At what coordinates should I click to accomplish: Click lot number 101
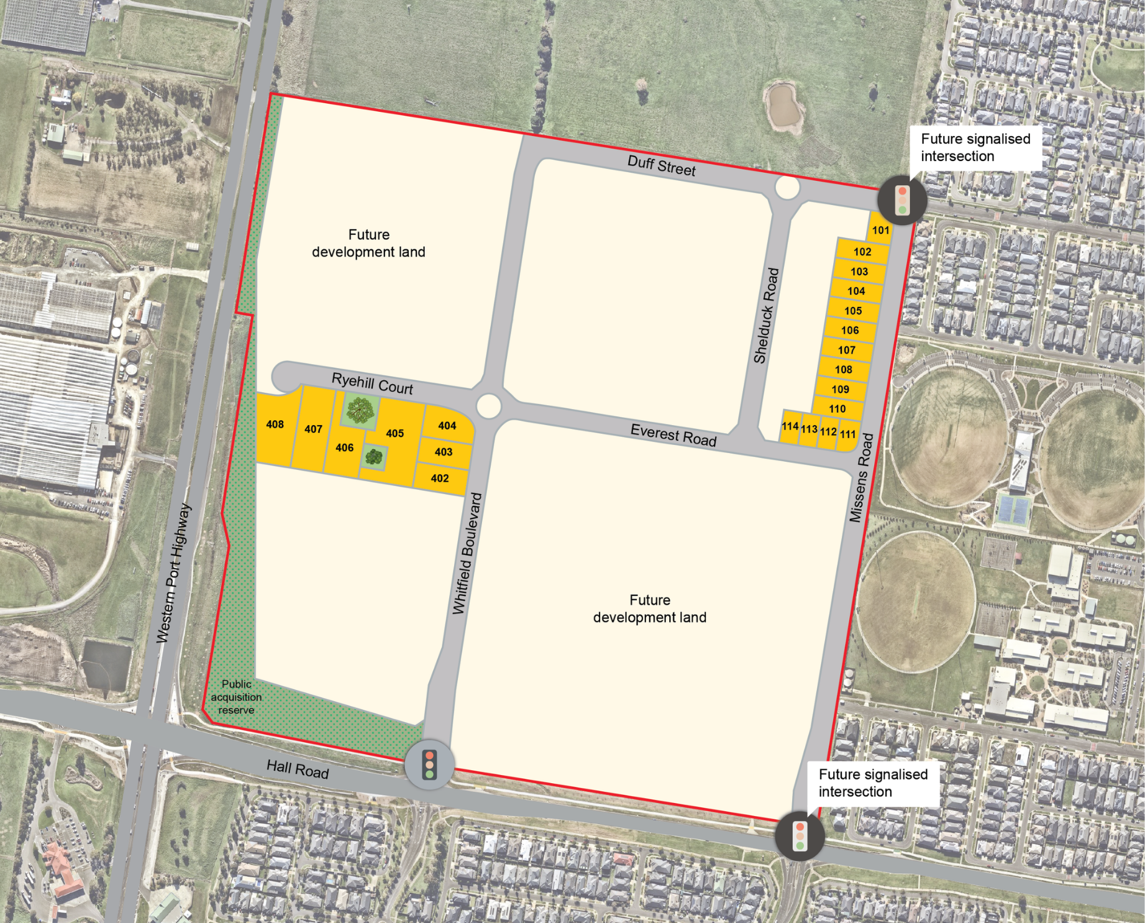[x=880, y=231]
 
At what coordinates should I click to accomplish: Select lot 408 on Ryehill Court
[x=275, y=425]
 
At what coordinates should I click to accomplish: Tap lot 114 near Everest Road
[x=790, y=426]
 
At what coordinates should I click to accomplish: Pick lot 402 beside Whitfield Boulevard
[x=440, y=479]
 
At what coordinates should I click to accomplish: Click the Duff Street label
[x=661, y=166]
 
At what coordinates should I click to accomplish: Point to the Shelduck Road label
[x=766, y=316]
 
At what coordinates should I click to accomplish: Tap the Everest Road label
[x=673, y=434]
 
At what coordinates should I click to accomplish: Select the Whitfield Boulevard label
[x=467, y=554]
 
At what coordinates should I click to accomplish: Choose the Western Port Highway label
[x=173, y=573]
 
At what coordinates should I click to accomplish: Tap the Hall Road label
[x=298, y=769]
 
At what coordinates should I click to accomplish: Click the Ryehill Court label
[x=372, y=383]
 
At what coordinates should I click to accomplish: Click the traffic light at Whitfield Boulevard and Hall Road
[x=429, y=765]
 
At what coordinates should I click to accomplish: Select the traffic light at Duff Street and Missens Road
[x=902, y=200]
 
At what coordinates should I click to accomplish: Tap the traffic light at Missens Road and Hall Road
[x=800, y=836]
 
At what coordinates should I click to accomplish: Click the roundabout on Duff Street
[x=787, y=188]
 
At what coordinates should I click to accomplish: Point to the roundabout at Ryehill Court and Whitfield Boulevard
[x=489, y=406]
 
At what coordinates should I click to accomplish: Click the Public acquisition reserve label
[x=236, y=697]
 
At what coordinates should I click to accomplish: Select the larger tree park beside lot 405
[x=360, y=410]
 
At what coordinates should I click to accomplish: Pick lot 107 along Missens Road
[x=846, y=350]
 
